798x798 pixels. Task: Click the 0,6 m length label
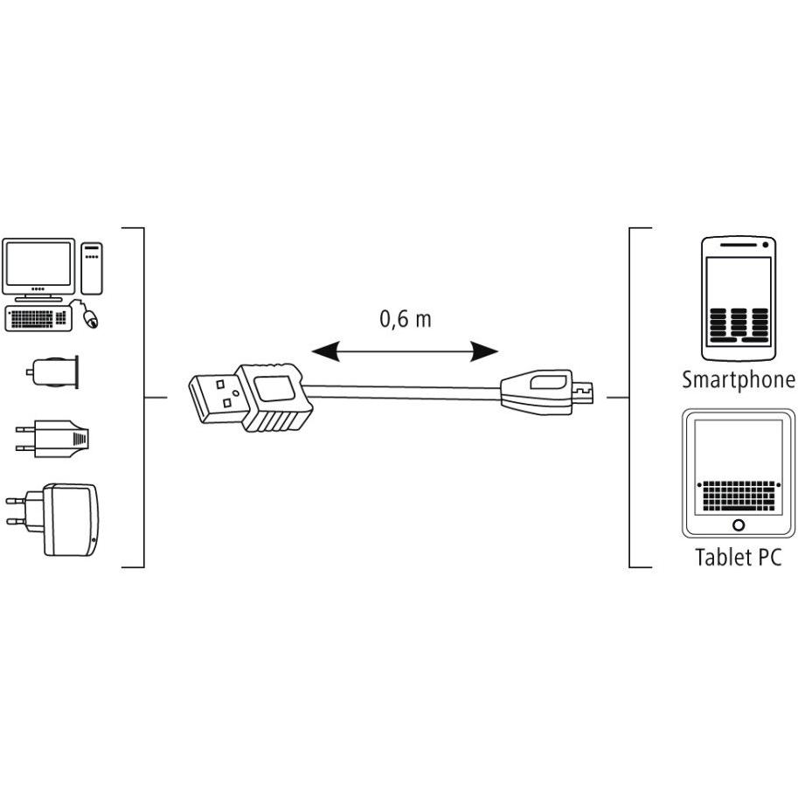pos(405,319)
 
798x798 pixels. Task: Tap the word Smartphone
pos(739,380)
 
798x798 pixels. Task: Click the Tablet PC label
pos(738,557)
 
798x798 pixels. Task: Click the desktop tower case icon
pos(92,268)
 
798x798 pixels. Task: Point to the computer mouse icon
pos(91,318)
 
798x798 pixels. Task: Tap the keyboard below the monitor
pos(38,319)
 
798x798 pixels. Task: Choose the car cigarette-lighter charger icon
pos(52,371)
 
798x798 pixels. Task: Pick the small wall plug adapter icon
pos(52,438)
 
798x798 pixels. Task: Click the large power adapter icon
pos(52,519)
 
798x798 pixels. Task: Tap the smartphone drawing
pos(738,299)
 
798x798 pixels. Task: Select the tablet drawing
pos(739,473)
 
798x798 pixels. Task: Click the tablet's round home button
pos(739,524)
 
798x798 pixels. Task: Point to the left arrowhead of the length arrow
pos(325,351)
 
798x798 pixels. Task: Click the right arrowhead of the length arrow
pos(483,351)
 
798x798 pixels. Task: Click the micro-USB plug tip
pos(582,392)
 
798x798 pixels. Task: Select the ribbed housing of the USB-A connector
pos(274,398)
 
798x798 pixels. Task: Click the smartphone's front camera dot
pos(766,246)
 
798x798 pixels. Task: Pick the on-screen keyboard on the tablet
pos(739,496)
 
